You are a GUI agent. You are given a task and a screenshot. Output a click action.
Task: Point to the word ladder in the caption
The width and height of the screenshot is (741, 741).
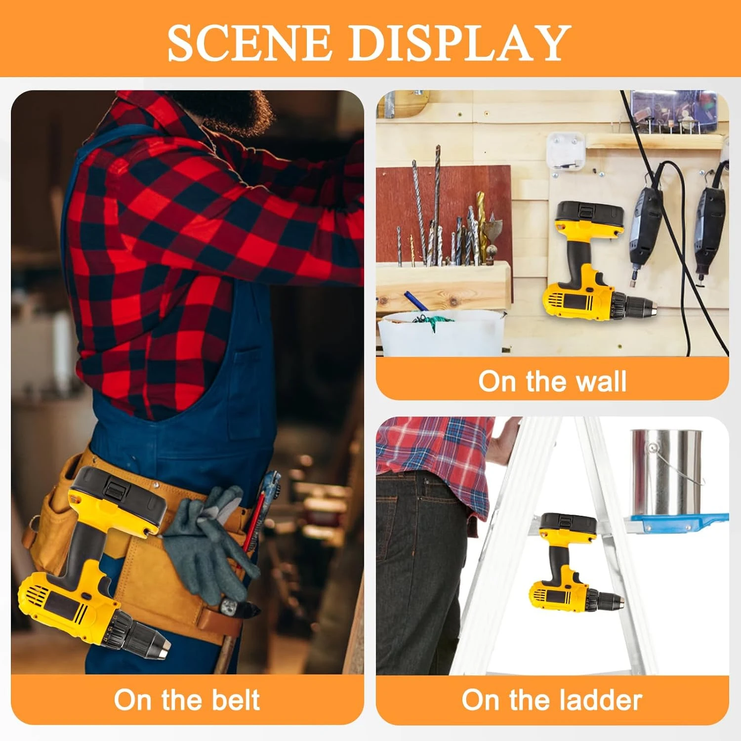click(600, 700)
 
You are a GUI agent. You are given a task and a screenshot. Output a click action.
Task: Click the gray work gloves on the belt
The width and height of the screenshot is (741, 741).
click(210, 543)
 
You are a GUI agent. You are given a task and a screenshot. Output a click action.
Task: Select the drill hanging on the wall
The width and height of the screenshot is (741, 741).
click(590, 267)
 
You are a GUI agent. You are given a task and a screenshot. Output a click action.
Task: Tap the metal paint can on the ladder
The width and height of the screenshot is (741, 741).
click(664, 472)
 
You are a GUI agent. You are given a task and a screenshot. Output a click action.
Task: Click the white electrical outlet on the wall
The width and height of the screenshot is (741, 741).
click(565, 151)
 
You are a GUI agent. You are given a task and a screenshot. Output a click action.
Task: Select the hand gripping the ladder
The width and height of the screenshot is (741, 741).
click(504, 440)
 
